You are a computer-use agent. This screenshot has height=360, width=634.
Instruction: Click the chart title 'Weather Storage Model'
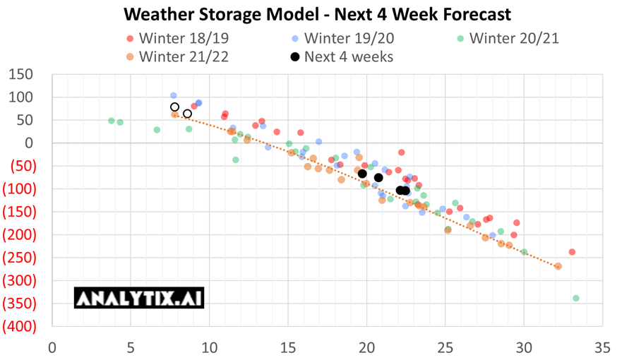317,14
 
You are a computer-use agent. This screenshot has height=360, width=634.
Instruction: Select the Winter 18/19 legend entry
177,38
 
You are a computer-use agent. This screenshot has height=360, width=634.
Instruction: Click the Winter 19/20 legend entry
342,38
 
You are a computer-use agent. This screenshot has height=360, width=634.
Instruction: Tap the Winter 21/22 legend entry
177,56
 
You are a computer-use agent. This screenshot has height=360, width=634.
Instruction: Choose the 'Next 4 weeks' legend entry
342,56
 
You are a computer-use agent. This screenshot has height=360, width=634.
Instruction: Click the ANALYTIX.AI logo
139,298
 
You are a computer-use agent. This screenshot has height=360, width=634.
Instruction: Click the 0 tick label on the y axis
29,143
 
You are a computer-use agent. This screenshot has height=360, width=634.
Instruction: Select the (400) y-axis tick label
19,327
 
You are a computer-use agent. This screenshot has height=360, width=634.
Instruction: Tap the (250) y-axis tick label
19,258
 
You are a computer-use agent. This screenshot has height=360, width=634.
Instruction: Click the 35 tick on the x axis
602,347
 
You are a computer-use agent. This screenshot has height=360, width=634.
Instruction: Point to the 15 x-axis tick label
287,347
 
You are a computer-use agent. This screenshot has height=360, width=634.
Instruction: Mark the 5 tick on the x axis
131,347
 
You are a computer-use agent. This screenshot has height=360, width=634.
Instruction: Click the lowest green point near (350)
576,299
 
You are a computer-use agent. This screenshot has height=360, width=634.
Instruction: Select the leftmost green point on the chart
112,121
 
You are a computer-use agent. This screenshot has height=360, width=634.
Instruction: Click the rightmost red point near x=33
572,252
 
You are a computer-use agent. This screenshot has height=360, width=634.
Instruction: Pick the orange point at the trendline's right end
558,266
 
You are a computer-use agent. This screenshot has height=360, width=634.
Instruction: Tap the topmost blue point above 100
174,96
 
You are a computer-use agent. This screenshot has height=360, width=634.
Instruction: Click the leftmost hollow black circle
175,107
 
